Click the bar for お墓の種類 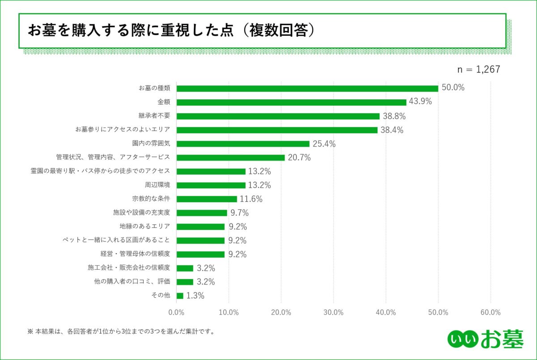click(x=307, y=88)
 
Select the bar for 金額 click(x=291, y=102)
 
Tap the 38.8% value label click(x=394, y=116)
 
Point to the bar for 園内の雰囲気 click(x=243, y=144)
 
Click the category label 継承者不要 click(x=158, y=116)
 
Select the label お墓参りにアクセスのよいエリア click(x=123, y=130)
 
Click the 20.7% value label click(x=299, y=157)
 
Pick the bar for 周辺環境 click(x=211, y=185)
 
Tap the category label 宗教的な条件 click(x=151, y=199)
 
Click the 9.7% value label click(x=239, y=213)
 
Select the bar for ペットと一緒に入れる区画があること click(x=200, y=241)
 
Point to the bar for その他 click(x=180, y=296)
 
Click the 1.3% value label click(x=196, y=296)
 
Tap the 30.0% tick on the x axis click(x=333, y=312)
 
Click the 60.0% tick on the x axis click(x=490, y=312)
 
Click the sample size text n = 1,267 click(x=478, y=69)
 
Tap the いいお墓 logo click(x=485, y=340)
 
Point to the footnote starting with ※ click(x=121, y=332)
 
